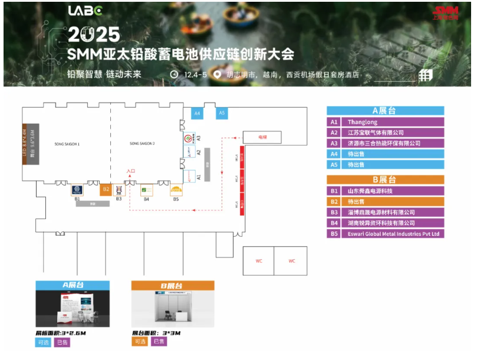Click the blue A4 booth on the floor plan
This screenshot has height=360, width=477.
tap(198, 113)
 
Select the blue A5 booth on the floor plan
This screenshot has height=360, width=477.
tap(222, 113)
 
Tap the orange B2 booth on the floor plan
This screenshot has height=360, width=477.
tap(106, 189)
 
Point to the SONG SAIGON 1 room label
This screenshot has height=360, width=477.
tap(67, 144)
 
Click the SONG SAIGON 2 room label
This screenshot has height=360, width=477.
tap(142, 144)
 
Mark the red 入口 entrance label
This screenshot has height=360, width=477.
tap(131, 171)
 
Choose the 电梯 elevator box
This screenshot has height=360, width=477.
tap(262, 137)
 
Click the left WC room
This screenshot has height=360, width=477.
tap(258, 261)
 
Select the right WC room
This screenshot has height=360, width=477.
tap(291, 261)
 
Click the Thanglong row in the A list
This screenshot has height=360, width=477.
tap(385, 121)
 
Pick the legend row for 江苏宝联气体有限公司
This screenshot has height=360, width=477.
tap(385, 133)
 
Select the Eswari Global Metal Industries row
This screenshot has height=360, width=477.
tap(385, 234)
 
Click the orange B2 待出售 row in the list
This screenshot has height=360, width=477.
tap(385, 202)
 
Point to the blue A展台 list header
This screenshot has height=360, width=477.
tap(385, 110)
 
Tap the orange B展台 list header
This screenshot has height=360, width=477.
tap(385, 180)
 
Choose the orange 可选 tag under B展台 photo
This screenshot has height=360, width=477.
tap(140, 341)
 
